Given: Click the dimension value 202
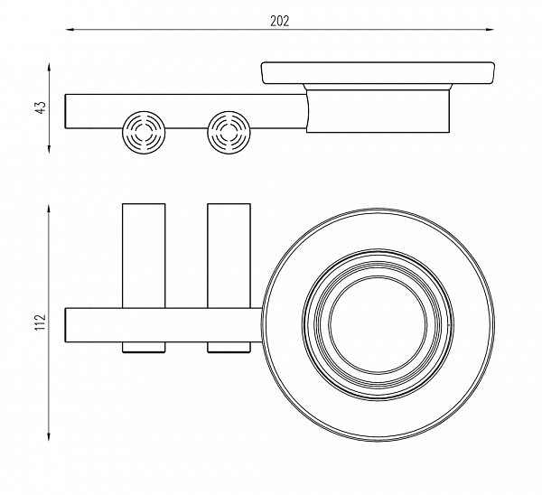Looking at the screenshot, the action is coord(279,22).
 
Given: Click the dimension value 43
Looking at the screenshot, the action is coord(42,107).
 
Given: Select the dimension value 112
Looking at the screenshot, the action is coord(42,322).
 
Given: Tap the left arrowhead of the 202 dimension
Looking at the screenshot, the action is coord(70,30).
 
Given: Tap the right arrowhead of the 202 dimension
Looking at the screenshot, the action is coord(490,30).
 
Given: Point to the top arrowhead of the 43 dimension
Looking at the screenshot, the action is coord(49,68).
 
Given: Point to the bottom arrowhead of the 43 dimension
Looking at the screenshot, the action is coord(49,149).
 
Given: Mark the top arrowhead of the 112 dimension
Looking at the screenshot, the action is coord(49,210).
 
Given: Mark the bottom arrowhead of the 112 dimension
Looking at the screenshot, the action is coord(49,436).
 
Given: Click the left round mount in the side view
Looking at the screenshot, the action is coord(144,133).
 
